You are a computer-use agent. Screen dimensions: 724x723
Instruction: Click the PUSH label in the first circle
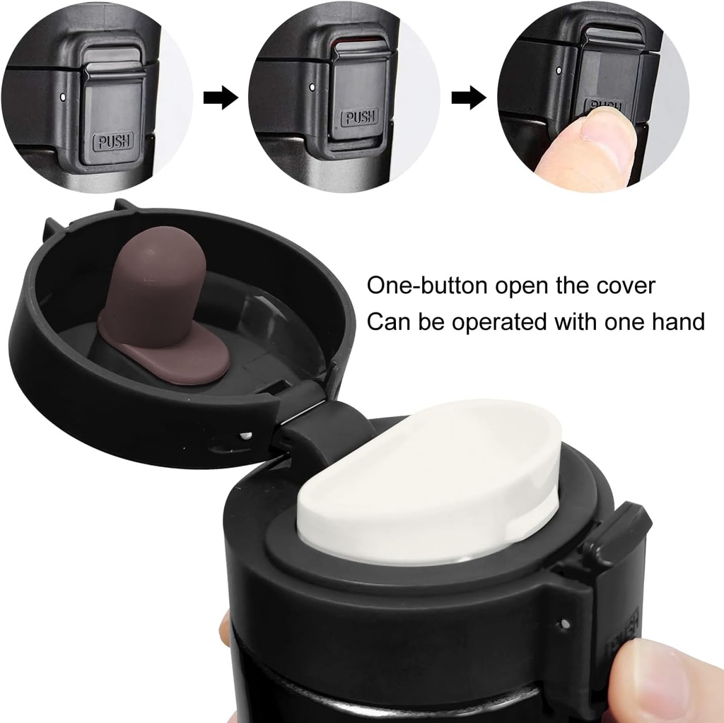113,141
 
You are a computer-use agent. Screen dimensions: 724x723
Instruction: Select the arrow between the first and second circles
221,98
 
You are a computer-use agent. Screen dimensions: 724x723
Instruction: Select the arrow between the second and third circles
469,98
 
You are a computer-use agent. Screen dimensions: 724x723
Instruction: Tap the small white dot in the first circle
63,97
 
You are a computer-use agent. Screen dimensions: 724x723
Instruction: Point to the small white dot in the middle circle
313,86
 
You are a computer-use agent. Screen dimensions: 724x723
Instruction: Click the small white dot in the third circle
559,71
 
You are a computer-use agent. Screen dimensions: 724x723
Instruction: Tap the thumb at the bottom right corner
665,678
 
